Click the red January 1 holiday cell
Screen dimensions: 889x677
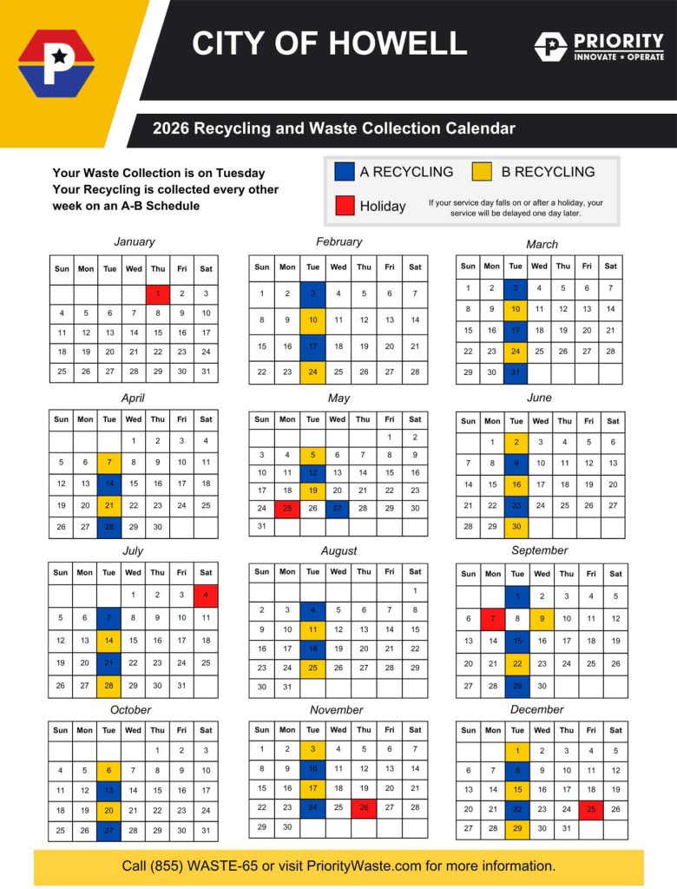[x=157, y=294]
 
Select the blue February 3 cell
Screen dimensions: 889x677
[x=312, y=294]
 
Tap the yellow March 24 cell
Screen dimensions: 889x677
[x=516, y=352]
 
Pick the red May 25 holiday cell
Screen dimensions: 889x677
[x=287, y=509]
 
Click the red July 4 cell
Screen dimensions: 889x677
[x=206, y=596]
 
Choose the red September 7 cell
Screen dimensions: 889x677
[x=492, y=619]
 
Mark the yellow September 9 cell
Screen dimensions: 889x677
[x=542, y=619]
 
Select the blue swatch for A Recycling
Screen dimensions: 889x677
[x=344, y=171]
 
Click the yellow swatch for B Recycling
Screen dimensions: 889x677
[x=483, y=171]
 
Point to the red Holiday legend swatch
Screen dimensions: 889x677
[x=344, y=206]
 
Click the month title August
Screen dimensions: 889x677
[x=338, y=550]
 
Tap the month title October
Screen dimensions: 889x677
[x=130, y=709]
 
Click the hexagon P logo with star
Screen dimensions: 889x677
[x=56, y=63]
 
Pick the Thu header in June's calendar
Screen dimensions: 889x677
[x=565, y=420]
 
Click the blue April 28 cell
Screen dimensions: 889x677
[x=109, y=526]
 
